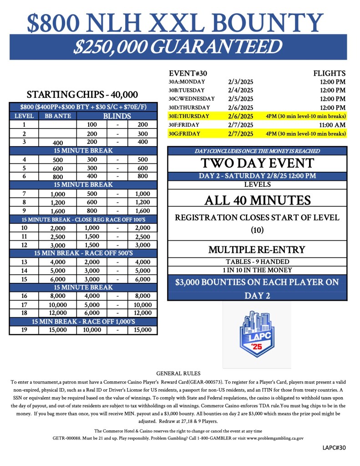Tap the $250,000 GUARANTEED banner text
178,47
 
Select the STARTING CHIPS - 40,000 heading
82,95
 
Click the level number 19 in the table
24,330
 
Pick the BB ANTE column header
58,116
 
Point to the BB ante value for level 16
58,296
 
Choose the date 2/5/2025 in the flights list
241,99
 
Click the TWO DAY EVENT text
257,164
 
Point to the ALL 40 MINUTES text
257,200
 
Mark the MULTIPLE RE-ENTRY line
257,250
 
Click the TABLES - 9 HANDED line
257,262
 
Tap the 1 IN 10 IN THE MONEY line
257,270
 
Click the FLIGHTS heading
329,73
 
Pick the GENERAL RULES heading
178,374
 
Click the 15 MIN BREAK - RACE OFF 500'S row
83,253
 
